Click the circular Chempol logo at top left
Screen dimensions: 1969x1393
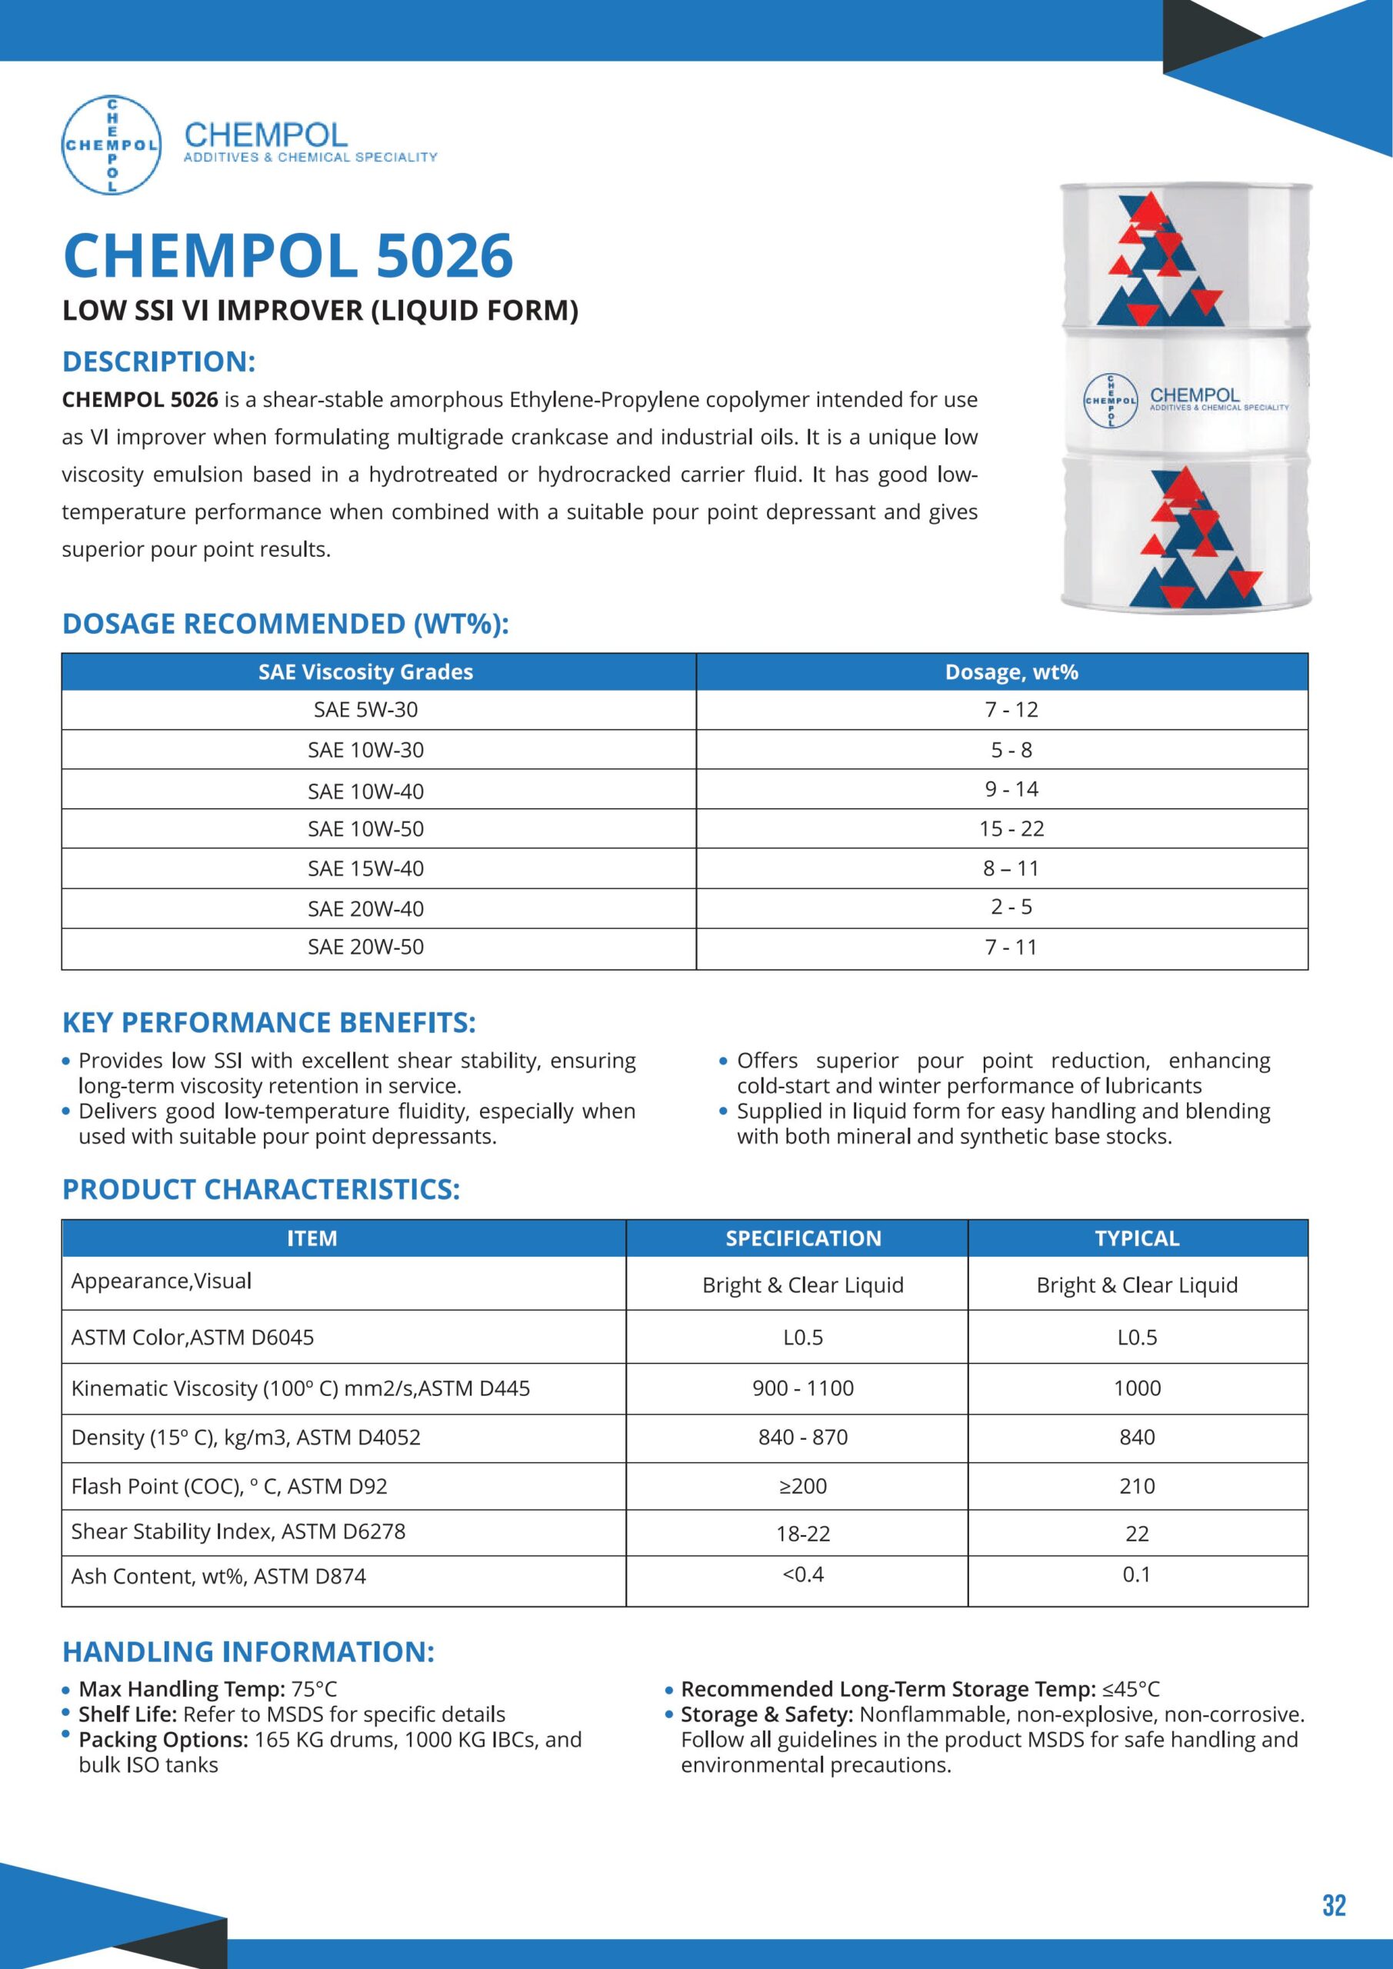click(112, 144)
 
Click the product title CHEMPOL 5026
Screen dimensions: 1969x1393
click(288, 255)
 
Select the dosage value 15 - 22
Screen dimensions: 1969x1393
click(1011, 828)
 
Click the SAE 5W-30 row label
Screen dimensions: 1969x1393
click(365, 710)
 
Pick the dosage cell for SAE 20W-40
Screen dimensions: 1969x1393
click(1011, 907)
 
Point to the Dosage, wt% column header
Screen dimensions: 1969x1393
click(1011, 672)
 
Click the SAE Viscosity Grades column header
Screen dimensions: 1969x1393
click(365, 672)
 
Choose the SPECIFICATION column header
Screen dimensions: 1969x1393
click(803, 1238)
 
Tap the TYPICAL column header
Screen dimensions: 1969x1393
click(1137, 1238)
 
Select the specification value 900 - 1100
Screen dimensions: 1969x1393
click(803, 1388)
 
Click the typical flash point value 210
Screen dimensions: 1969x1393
click(1137, 1486)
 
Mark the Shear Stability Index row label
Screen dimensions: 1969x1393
click(238, 1531)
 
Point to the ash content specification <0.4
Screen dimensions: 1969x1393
click(803, 1574)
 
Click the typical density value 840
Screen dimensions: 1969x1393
click(1137, 1438)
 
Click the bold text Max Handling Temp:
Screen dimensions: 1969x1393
click(182, 1690)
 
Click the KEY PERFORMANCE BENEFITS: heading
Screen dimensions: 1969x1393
click(268, 1023)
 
